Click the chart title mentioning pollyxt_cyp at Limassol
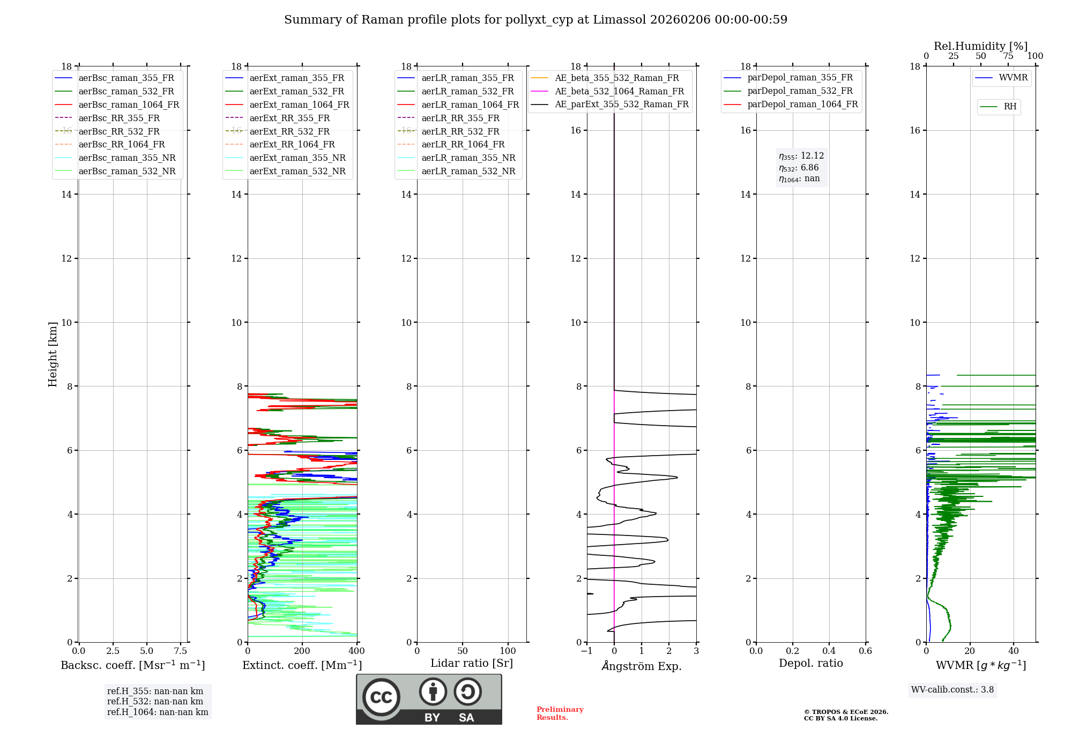535,20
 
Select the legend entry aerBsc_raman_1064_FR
129,105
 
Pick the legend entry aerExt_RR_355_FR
289,118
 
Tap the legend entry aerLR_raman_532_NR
468,171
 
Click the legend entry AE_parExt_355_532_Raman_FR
621,104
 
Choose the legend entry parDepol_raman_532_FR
800,91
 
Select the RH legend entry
1010,107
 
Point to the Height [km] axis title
53,354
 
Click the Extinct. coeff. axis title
302,665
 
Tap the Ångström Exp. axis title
642,666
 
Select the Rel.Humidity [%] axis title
980,46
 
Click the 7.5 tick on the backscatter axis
181,651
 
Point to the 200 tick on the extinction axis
302,651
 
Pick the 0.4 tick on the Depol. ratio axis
829,651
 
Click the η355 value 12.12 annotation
801,156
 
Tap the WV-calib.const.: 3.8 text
952,690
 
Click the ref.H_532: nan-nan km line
155,701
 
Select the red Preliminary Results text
560,713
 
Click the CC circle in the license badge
381,697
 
